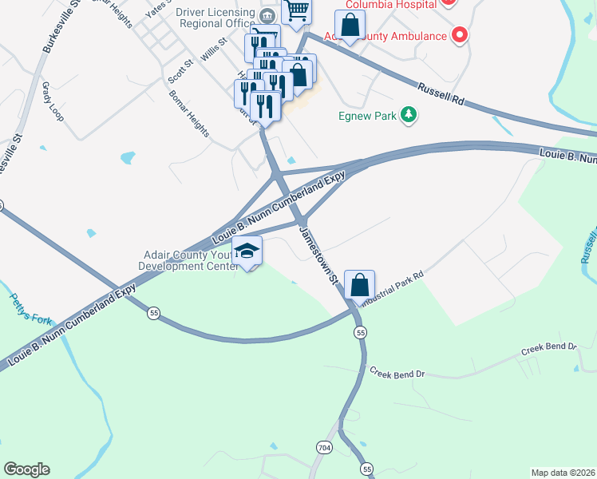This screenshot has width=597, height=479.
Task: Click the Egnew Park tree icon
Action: click(x=409, y=116)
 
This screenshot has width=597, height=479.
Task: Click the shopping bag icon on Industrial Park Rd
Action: click(x=360, y=283)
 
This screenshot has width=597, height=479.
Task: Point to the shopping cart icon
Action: click(x=296, y=10)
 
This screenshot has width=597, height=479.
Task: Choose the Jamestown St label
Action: click(x=319, y=254)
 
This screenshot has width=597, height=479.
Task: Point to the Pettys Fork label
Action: click(x=30, y=310)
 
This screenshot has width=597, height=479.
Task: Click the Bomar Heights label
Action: click(x=188, y=112)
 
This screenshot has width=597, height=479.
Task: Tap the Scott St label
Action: click(x=178, y=70)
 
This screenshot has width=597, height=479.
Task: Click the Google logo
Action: click(x=26, y=469)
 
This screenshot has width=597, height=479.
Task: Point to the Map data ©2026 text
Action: click(x=563, y=472)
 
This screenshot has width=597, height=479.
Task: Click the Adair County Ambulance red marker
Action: click(x=459, y=35)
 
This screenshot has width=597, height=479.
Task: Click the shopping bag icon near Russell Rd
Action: click(x=350, y=25)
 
